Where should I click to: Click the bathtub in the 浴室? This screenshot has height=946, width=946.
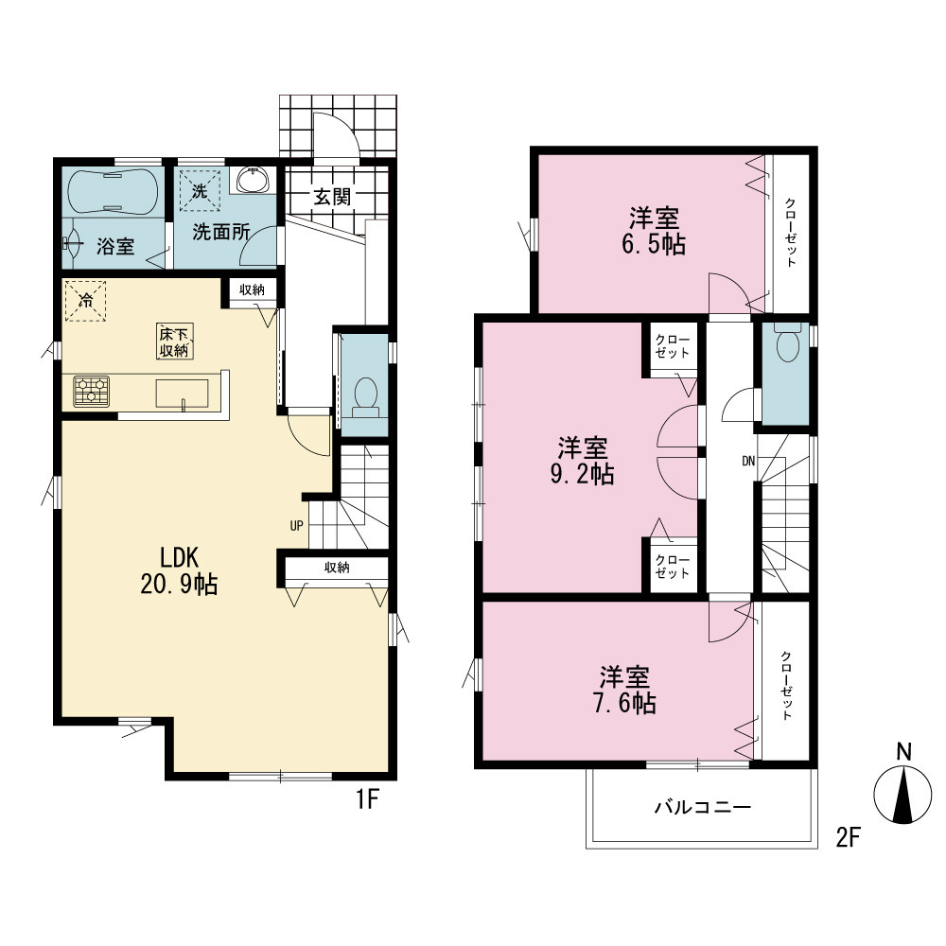(x=113, y=191)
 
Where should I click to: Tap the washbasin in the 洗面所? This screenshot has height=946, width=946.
(x=253, y=180)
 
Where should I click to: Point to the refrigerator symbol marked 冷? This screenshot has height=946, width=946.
(x=85, y=301)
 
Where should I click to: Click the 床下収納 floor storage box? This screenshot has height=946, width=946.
(x=175, y=341)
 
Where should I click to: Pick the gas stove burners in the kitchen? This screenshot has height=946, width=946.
(x=92, y=391)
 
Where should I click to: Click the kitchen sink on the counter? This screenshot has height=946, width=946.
(x=183, y=394)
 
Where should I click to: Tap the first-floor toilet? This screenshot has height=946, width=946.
(x=365, y=397)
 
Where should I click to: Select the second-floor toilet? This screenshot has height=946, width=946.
(x=788, y=342)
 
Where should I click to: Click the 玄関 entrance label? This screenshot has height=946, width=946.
(x=332, y=197)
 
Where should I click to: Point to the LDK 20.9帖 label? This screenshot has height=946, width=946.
(x=179, y=570)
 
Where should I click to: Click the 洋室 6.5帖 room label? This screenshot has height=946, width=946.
(x=654, y=231)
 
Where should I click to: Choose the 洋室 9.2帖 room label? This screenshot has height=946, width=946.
(x=582, y=461)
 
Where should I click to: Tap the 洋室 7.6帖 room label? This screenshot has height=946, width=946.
(x=625, y=691)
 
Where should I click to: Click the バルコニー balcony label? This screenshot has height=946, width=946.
(x=703, y=807)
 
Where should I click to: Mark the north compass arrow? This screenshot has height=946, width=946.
(x=903, y=794)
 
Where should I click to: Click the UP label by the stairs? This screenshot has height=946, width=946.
(x=296, y=525)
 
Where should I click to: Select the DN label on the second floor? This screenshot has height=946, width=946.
(x=748, y=462)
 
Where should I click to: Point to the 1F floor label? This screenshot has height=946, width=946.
(x=366, y=799)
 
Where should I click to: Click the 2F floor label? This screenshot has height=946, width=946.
(x=847, y=837)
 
